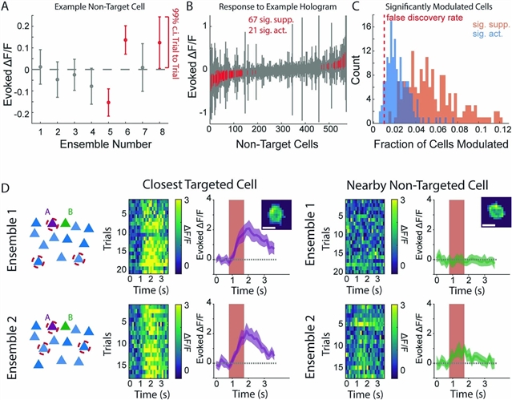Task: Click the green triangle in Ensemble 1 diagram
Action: [x=71, y=224]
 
